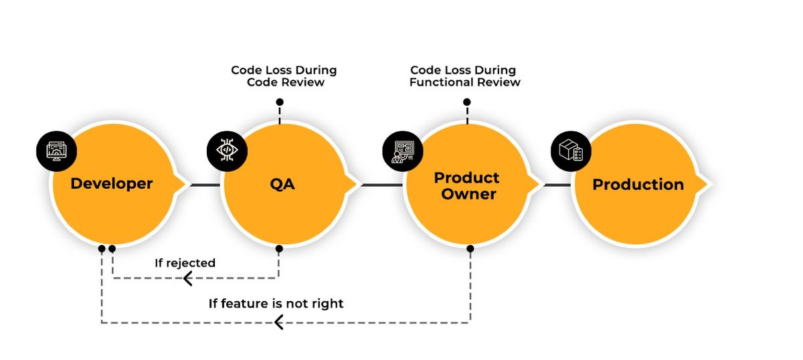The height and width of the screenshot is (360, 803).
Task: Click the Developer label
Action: pyautogui.click(x=112, y=184)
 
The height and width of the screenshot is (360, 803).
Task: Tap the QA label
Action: pyautogui.click(x=282, y=184)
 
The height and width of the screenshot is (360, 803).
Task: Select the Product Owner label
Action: pyautogui.click(x=467, y=186)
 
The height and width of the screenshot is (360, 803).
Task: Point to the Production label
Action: pyautogui.click(x=638, y=185)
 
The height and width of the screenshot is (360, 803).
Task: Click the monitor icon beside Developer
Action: pyautogui.click(x=57, y=151)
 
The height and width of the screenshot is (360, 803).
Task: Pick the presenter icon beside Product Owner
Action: pyautogui.click(x=403, y=151)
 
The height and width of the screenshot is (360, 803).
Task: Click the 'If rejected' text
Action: pyautogui.click(x=185, y=263)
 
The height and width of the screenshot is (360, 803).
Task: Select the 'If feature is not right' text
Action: pyautogui.click(x=276, y=304)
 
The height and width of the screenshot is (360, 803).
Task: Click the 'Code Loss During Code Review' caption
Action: pyautogui.click(x=284, y=76)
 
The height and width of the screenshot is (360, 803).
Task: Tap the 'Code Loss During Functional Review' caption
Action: pyautogui.click(x=464, y=76)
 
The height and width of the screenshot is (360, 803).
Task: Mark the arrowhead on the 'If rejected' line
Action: pyautogui.click(x=187, y=278)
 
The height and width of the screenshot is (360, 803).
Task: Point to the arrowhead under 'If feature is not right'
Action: pyautogui.click(x=278, y=323)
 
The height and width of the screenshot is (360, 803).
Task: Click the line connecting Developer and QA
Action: pyautogui.click(x=205, y=185)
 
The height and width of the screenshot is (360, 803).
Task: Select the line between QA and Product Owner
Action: pyautogui.click(x=382, y=185)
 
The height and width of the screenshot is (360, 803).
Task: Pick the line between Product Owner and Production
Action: pyautogui.click(x=557, y=185)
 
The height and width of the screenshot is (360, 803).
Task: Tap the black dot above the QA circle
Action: pyautogui.click(x=280, y=102)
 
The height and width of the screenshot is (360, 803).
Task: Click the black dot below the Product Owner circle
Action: pyautogui.click(x=470, y=248)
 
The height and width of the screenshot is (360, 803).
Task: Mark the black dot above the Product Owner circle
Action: pyautogui.click(x=467, y=102)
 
